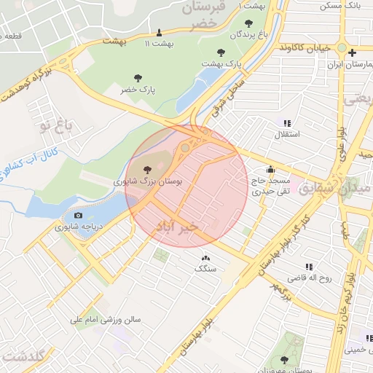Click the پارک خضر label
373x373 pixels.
138,89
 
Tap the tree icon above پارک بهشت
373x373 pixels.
221,52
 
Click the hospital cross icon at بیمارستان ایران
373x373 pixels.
353,52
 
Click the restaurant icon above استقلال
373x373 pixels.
288,123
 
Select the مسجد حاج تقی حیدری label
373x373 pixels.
271,186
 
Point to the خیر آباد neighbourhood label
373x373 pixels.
177,227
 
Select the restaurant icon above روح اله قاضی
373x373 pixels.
309,267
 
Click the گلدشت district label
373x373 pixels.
24,356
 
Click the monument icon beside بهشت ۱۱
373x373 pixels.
160,33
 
